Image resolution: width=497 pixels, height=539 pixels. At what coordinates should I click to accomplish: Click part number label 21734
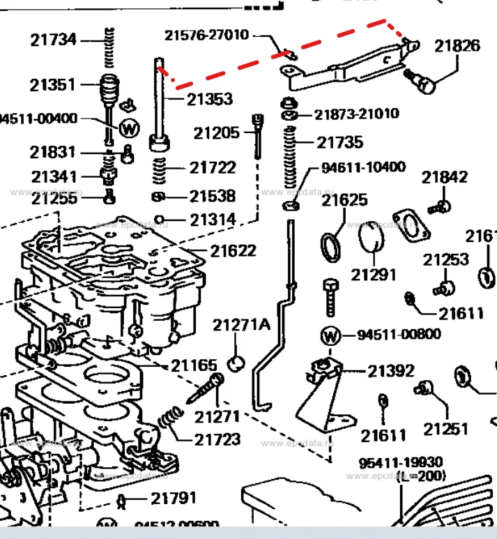coord(53,40)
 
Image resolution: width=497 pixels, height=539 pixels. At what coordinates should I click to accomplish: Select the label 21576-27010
coord(206,35)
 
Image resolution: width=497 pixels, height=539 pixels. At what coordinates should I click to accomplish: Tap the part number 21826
coord(457,46)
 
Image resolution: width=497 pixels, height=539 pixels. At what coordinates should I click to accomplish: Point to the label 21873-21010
coord(356,114)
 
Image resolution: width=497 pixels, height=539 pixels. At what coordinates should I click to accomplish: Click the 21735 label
coord(340,142)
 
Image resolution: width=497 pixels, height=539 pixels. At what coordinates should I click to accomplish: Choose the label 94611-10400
coord(363,168)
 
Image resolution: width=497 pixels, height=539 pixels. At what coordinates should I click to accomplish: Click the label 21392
coord(391,370)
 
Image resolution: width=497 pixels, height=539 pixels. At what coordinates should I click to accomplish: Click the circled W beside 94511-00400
coord(130,128)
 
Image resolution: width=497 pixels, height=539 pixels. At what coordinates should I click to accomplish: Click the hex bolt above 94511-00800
coord(330,298)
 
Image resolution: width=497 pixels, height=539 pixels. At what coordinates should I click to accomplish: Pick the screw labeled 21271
coord(205,389)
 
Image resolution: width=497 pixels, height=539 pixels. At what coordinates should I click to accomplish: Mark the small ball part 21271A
coord(237,362)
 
